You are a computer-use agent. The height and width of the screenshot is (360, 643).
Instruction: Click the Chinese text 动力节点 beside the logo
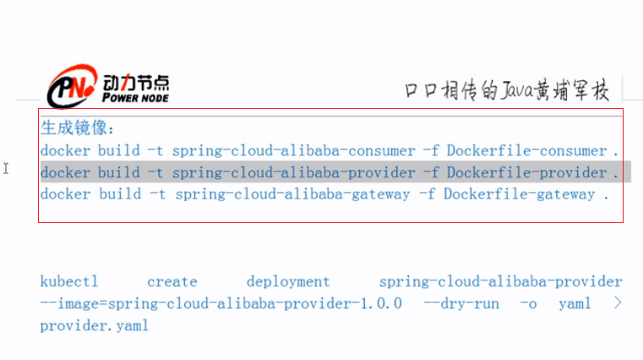[x=135, y=83]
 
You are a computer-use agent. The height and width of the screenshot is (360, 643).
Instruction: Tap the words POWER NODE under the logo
[x=135, y=97]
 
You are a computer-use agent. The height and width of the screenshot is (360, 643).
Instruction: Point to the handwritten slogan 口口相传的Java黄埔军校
[x=506, y=90]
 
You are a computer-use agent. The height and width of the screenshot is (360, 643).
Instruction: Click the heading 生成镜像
[x=77, y=128]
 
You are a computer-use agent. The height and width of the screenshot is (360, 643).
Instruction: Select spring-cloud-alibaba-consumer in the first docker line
[x=293, y=150]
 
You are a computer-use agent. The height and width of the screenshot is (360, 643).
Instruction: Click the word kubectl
[x=65, y=281]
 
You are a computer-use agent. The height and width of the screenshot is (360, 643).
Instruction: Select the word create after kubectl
[x=172, y=281]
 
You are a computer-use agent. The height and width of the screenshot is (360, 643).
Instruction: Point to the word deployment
[x=288, y=281]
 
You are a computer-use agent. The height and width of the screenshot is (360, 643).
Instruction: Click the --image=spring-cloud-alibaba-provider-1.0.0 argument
[x=221, y=303]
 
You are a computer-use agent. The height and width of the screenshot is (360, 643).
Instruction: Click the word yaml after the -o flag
[x=575, y=303]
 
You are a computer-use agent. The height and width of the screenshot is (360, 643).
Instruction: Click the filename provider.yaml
[x=94, y=325]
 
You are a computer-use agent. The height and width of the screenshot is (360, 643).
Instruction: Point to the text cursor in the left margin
[x=6, y=169]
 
